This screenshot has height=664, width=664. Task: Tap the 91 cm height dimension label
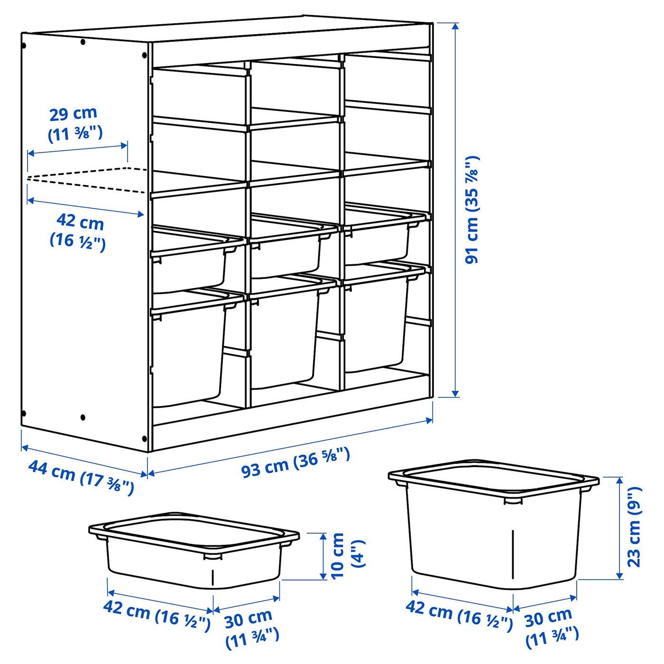point(471,210)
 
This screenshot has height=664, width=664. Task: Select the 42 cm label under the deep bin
point(459,613)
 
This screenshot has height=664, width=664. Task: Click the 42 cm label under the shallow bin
point(157,613)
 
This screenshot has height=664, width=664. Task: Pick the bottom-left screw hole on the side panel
point(24,413)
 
